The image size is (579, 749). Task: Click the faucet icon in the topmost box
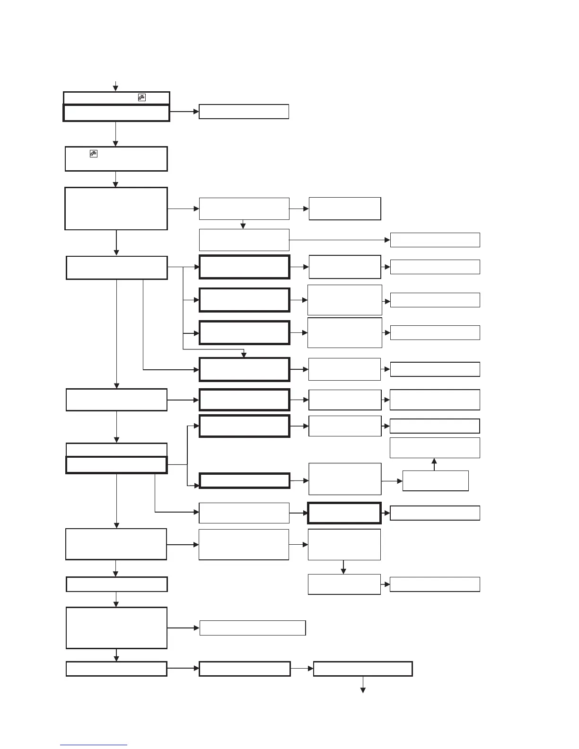click(141, 97)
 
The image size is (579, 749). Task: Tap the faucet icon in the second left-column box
click(94, 153)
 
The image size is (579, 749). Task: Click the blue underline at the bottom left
click(94, 745)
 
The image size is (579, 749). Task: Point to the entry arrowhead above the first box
click(115, 88)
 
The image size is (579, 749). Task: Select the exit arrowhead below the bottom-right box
click(363, 690)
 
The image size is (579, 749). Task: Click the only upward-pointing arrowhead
click(434, 461)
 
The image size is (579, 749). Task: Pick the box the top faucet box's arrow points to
click(244, 112)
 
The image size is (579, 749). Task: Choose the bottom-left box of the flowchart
click(116, 669)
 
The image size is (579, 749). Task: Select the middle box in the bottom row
click(245, 669)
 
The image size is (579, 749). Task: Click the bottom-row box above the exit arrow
click(363, 669)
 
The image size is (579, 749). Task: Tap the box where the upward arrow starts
click(435, 480)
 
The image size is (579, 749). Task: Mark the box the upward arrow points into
click(435, 448)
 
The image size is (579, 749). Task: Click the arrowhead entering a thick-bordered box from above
click(244, 355)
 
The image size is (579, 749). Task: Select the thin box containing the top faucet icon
click(116, 98)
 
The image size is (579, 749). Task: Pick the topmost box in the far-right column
click(435, 240)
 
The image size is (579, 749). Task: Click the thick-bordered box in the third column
click(344, 513)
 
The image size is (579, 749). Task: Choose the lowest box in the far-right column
click(435, 584)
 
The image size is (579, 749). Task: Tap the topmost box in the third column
click(345, 209)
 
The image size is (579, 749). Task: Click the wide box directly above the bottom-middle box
click(253, 628)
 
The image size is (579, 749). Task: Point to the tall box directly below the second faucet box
click(116, 209)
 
